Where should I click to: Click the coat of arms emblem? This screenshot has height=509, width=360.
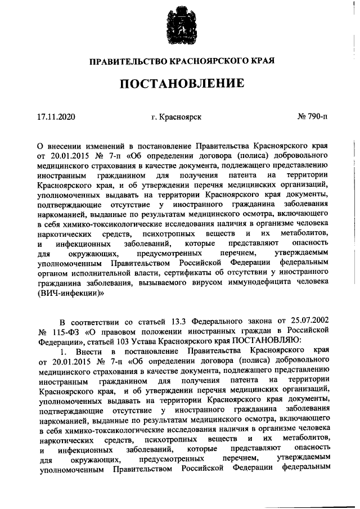[180, 25]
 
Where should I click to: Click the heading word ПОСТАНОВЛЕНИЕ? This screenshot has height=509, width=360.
[180, 84]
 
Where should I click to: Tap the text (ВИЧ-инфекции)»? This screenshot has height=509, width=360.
[71, 294]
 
